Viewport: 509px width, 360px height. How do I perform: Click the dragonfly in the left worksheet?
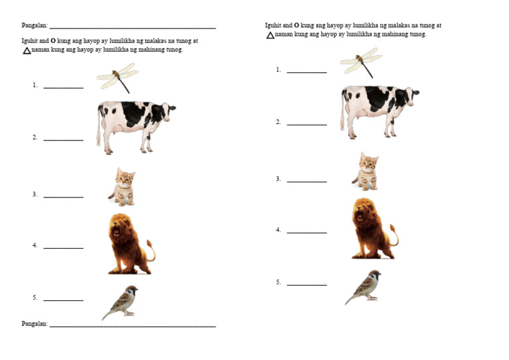click(117, 78)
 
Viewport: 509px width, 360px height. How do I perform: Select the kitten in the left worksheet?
click(122, 186)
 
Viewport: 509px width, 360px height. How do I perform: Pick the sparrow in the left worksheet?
click(121, 302)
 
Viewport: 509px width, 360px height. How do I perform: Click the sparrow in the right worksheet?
click(364, 286)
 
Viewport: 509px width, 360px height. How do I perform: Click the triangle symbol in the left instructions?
click(27, 50)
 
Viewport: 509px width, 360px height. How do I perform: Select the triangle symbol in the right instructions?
click(270, 35)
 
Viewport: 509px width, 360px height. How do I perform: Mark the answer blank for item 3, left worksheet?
click(64, 196)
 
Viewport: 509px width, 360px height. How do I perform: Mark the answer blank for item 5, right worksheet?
click(307, 284)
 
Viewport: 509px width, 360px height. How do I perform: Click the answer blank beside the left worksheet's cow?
click(64, 139)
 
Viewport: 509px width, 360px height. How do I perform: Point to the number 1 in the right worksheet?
click(278, 70)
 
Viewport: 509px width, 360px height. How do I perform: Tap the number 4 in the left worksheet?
click(34, 245)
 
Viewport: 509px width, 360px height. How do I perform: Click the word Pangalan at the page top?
click(34, 26)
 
